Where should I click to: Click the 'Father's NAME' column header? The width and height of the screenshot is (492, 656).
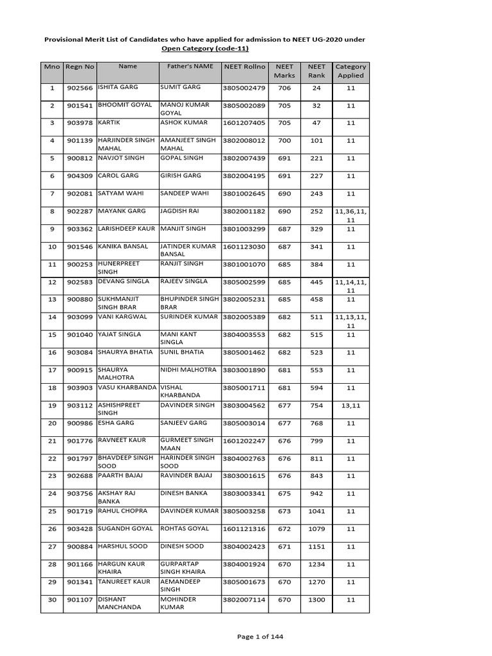[x=190, y=66]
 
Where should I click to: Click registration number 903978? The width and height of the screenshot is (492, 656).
[x=80, y=122]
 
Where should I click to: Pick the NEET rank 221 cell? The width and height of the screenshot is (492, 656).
[x=316, y=158]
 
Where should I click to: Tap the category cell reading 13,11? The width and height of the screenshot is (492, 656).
[x=350, y=405]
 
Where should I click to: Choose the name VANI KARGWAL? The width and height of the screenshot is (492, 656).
[x=122, y=316]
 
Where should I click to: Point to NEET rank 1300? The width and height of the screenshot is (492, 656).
[x=316, y=600]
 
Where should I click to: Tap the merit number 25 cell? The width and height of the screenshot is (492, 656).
[x=52, y=511]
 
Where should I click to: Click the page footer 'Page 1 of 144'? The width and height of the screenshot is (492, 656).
[x=259, y=636]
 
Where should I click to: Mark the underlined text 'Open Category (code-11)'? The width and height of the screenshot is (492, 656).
[x=205, y=49]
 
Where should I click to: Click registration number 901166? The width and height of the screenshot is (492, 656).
[x=80, y=564]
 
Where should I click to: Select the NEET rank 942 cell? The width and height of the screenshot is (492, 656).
[x=316, y=493]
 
